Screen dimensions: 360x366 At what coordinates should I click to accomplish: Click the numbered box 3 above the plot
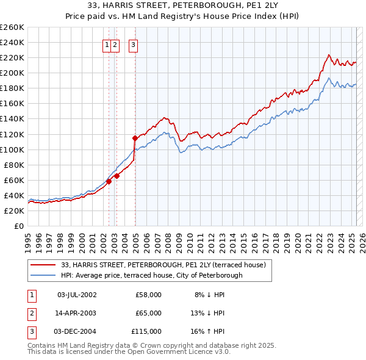click(133, 44)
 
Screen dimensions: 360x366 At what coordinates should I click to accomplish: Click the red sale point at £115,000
click(135, 138)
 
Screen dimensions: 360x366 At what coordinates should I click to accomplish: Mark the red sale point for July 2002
click(109, 181)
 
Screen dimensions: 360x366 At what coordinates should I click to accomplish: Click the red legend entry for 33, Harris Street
click(163, 265)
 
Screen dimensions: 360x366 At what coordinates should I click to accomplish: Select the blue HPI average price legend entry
click(151, 275)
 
